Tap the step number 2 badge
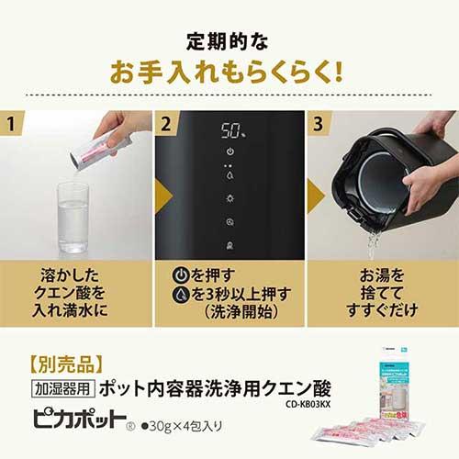pyautogui.click(x=167, y=122)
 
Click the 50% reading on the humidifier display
pyautogui.click(x=229, y=129)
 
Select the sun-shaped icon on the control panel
pyautogui.click(x=229, y=196)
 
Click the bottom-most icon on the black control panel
pyautogui.click(x=229, y=245)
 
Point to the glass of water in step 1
pyautogui.click(x=73, y=217)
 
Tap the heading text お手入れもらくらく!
pyautogui.click(x=229, y=70)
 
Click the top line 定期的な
pyautogui.click(x=229, y=41)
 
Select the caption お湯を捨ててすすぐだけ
pyautogui.click(x=382, y=289)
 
